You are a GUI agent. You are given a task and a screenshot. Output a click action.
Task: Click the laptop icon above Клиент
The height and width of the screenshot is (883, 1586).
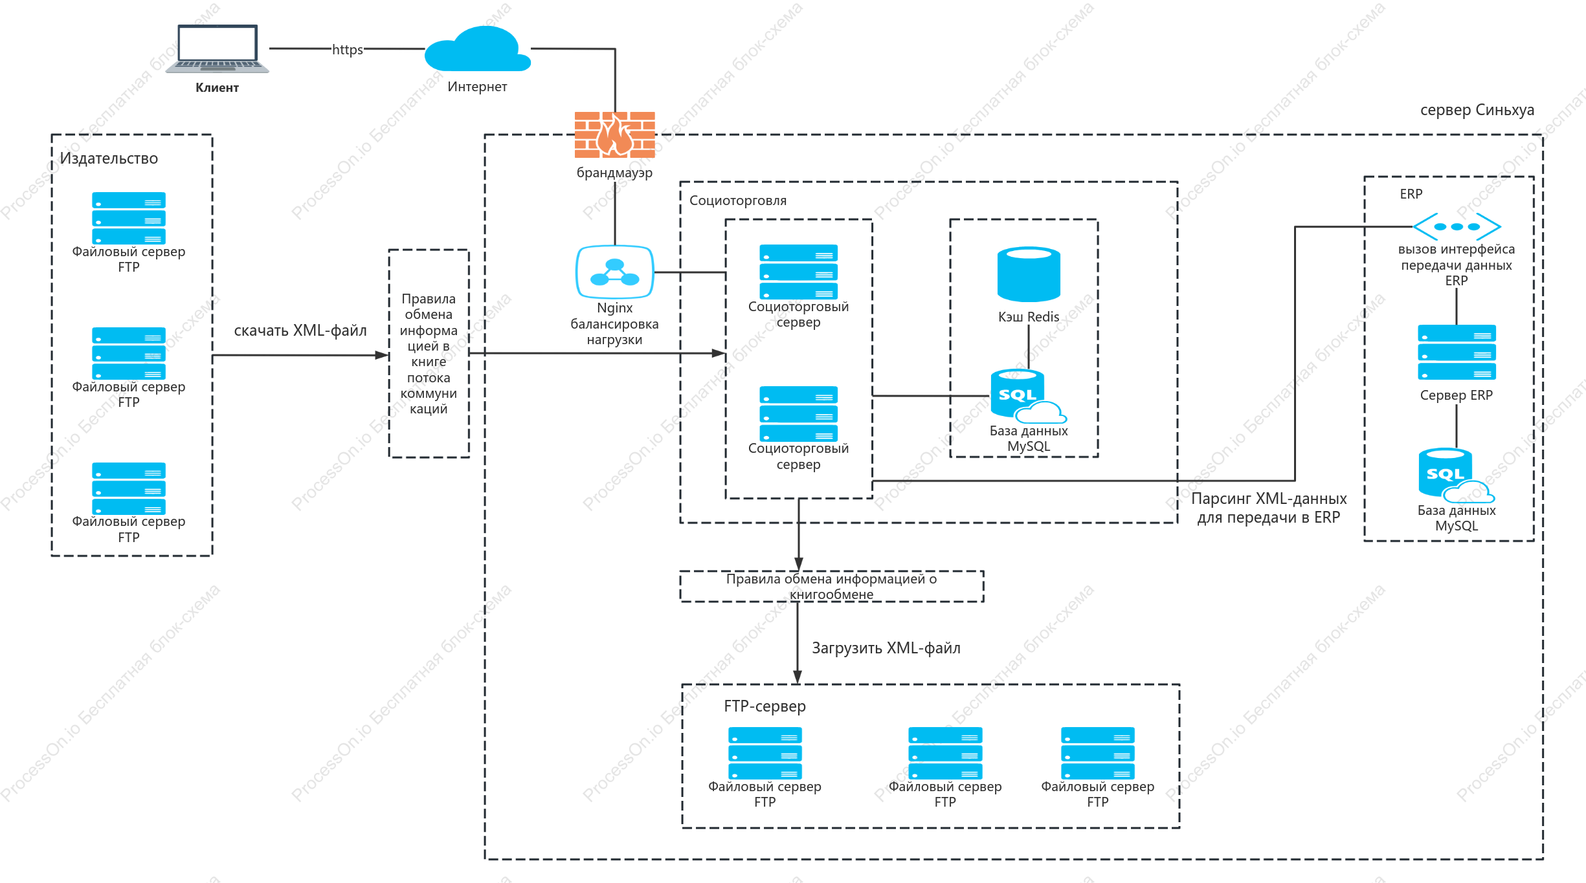(217, 49)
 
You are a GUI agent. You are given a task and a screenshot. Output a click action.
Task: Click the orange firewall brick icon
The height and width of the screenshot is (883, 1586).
(615, 135)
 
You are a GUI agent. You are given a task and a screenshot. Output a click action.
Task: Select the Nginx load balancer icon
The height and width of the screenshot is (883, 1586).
(615, 272)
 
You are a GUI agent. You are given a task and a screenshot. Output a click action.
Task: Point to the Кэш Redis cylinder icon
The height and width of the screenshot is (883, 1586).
(1029, 274)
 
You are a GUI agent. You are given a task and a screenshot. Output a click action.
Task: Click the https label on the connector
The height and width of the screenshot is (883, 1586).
(348, 49)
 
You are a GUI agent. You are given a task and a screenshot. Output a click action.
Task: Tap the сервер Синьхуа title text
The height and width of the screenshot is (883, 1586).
(1477, 110)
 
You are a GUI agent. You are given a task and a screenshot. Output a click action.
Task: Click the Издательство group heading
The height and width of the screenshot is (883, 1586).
(109, 158)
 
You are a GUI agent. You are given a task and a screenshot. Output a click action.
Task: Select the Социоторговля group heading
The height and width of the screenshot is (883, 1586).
(738, 201)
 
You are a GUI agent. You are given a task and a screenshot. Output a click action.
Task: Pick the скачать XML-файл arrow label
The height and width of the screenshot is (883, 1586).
(300, 331)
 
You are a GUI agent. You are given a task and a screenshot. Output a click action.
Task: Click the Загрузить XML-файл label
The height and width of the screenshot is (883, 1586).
(886, 648)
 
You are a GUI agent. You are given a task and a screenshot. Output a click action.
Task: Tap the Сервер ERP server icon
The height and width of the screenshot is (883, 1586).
(1457, 352)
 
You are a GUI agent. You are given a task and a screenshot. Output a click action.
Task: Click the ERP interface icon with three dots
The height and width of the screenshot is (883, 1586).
(1457, 226)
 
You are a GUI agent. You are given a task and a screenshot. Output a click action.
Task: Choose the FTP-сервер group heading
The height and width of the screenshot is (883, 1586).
(765, 706)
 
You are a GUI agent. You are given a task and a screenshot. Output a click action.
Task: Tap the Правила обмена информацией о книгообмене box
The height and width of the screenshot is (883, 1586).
(832, 586)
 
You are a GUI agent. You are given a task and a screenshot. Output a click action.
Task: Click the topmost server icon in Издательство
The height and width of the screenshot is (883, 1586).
(129, 218)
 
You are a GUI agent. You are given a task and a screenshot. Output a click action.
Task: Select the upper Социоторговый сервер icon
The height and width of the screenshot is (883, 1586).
(799, 272)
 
